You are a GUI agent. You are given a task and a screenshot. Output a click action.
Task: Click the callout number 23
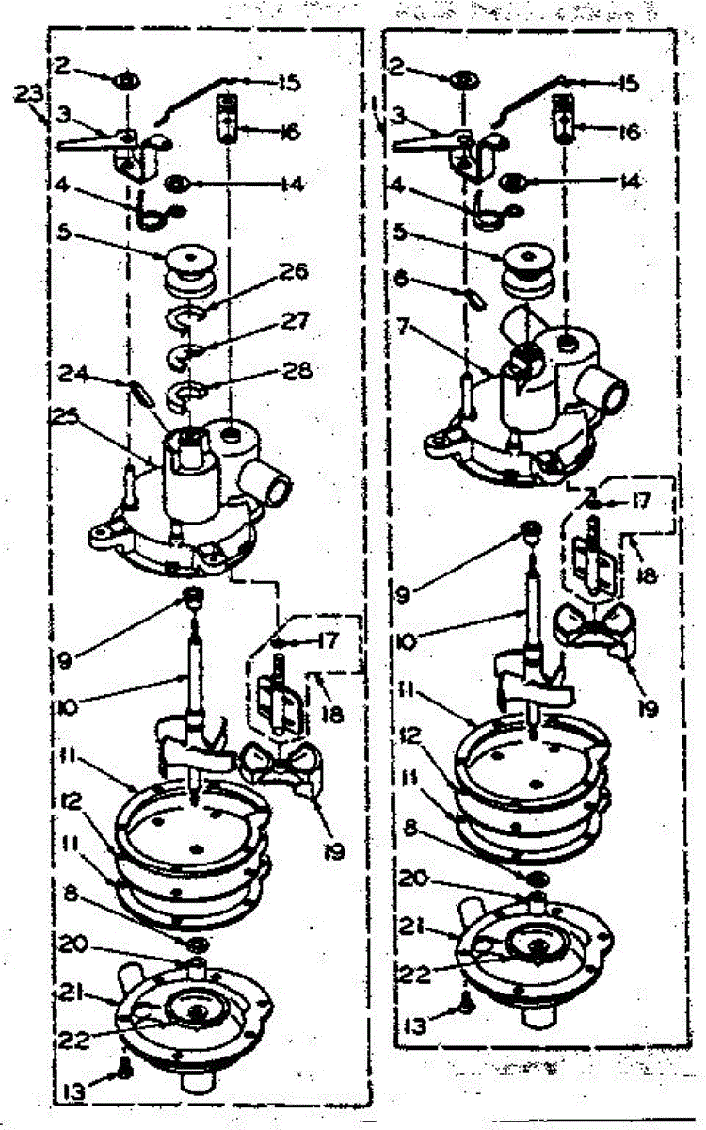click(27, 93)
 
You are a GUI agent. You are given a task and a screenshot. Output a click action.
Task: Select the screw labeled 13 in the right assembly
click(467, 1006)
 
